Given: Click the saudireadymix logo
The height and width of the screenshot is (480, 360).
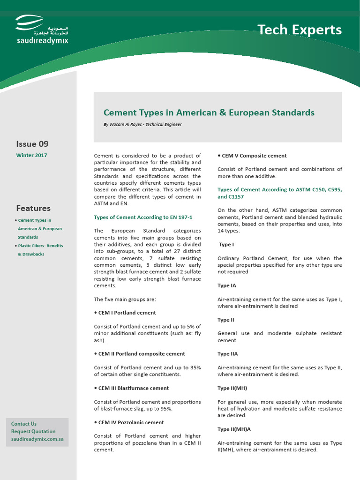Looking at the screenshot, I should pyautogui.click(x=42, y=30).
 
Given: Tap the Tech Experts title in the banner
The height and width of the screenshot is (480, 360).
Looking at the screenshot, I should pyautogui.click(x=300, y=30).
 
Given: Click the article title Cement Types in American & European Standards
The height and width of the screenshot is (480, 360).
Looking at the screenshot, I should pyautogui.click(x=209, y=112).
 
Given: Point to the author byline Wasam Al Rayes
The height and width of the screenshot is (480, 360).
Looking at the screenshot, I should pyautogui.click(x=142, y=125).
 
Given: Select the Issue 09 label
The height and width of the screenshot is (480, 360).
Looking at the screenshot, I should pyautogui.click(x=32, y=144).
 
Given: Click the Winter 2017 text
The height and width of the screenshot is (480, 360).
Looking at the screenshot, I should pyautogui.click(x=31, y=156).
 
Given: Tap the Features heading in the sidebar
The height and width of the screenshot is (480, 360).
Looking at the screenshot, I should pyautogui.click(x=33, y=208).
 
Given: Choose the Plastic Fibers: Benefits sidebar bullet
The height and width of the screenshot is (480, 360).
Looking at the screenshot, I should pyautogui.click(x=40, y=246).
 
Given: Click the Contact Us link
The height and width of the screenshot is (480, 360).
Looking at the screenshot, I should pyautogui.click(x=24, y=424).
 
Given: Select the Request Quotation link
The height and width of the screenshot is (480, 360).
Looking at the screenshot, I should pyautogui.click(x=33, y=431).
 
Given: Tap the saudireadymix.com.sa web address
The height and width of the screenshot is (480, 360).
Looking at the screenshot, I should pyautogui.click(x=37, y=439).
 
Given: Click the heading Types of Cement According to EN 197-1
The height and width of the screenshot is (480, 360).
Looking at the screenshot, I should pyautogui.click(x=143, y=217).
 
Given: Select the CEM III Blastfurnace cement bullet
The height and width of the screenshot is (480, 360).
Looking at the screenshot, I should pyautogui.click(x=133, y=388).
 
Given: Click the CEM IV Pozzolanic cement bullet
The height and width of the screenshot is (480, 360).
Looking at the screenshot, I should pyautogui.click(x=131, y=422).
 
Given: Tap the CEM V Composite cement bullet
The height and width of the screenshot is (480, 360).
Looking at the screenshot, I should pyautogui.click(x=254, y=156).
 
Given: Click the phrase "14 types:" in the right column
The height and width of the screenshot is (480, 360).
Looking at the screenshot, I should pyautogui.click(x=229, y=231).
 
